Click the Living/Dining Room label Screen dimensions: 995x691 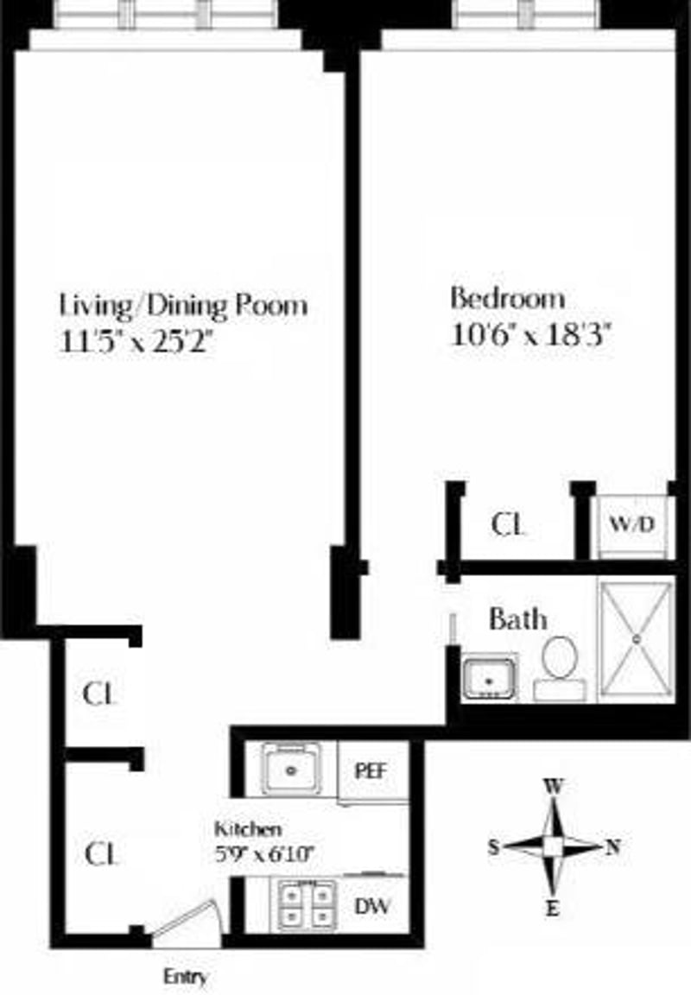[x=183, y=305]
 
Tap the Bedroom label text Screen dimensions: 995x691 [x=508, y=299]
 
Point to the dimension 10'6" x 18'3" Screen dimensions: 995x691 [x=531, y=334]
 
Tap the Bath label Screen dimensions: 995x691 [x=517, y=618]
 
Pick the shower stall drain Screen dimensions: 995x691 [x=637, y=639]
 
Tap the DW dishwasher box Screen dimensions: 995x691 [x=372, y=906]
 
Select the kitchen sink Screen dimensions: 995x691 [x=293, y=769]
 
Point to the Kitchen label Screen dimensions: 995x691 [x=248, y=829]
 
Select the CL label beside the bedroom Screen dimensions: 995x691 [x=507, y=524]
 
